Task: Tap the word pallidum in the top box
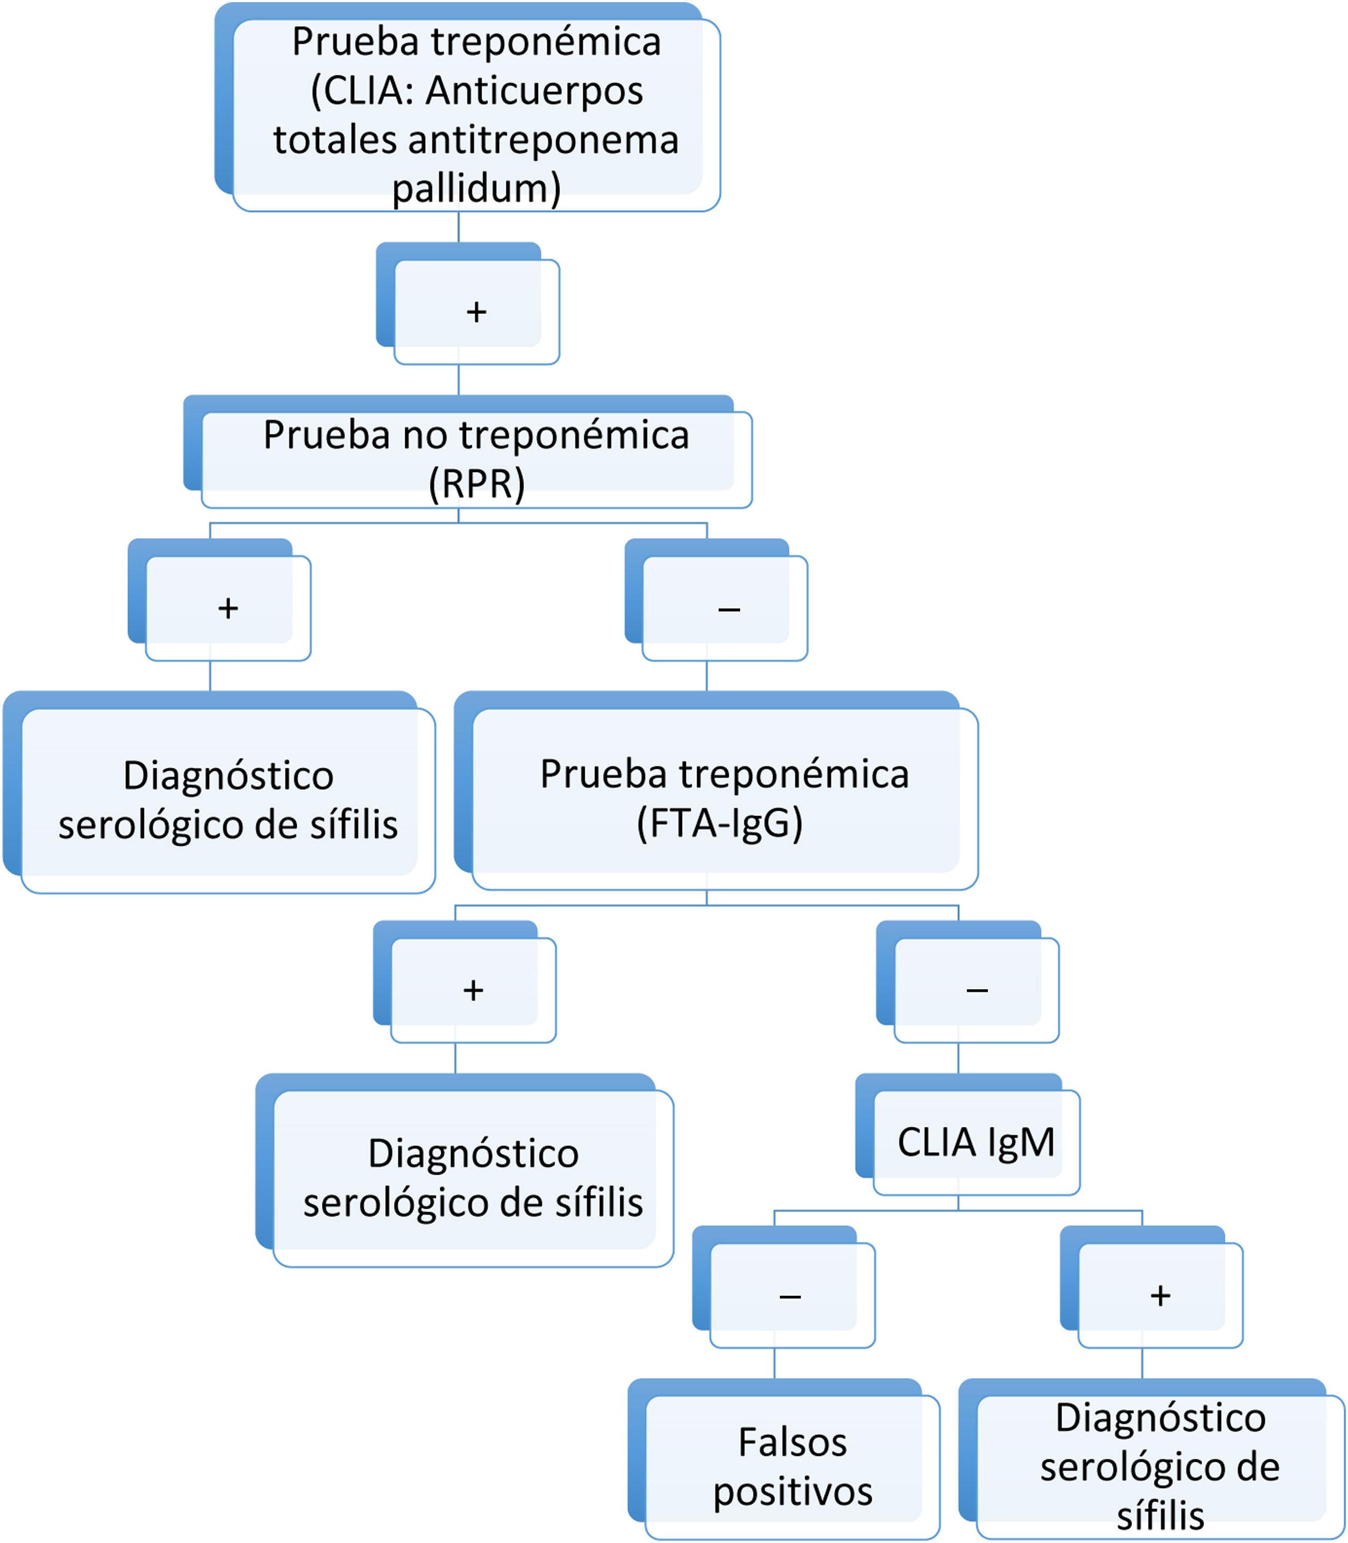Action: coord(476,188)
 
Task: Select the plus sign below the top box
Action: coord(476,311)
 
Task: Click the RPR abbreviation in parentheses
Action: coord(476,483)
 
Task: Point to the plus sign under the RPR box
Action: coord(228,608)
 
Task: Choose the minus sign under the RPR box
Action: coord(729,609)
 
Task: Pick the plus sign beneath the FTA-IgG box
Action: coord(473,990)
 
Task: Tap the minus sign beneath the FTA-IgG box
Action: coord(977,991)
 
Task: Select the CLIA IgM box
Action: coord(975,1142)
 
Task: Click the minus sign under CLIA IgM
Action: coord(790,1296)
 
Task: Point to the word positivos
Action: coord(792,1491)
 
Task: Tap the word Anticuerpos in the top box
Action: coord(534,91)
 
